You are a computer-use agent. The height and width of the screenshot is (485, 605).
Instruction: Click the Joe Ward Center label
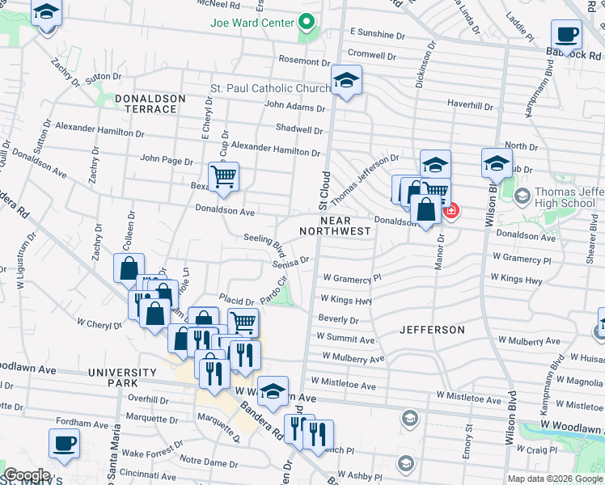tap(251, 23)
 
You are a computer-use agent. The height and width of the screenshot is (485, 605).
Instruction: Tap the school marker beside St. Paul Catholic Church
tap(346, 80)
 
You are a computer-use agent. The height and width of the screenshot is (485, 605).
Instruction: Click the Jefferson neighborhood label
tap(432, 330)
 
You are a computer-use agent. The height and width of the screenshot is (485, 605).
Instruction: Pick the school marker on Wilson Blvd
tap(497, 163)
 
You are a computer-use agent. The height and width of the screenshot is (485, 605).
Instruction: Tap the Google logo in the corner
tap(27, 475)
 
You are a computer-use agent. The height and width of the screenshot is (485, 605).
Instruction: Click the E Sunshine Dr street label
tap(377, 36)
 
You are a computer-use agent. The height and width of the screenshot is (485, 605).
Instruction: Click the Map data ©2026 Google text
tap(555, 479)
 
